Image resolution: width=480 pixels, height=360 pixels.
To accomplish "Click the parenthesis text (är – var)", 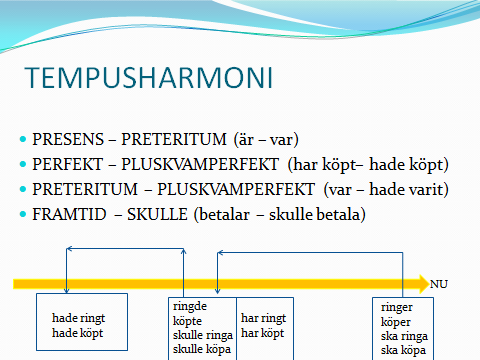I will pyautogui.click(x=260, y=138).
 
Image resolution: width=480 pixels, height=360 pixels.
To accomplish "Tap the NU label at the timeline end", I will pyautogui.click(x=438, y=284).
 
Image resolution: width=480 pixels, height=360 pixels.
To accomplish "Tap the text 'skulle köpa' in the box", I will pyautogui.click(x=201, y=350).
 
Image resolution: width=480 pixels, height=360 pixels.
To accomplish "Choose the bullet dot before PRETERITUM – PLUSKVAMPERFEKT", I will pyautogui.click(x=23, y=188).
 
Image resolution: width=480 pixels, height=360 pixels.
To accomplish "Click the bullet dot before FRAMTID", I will pyautogui.click(x=23, y=212).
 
